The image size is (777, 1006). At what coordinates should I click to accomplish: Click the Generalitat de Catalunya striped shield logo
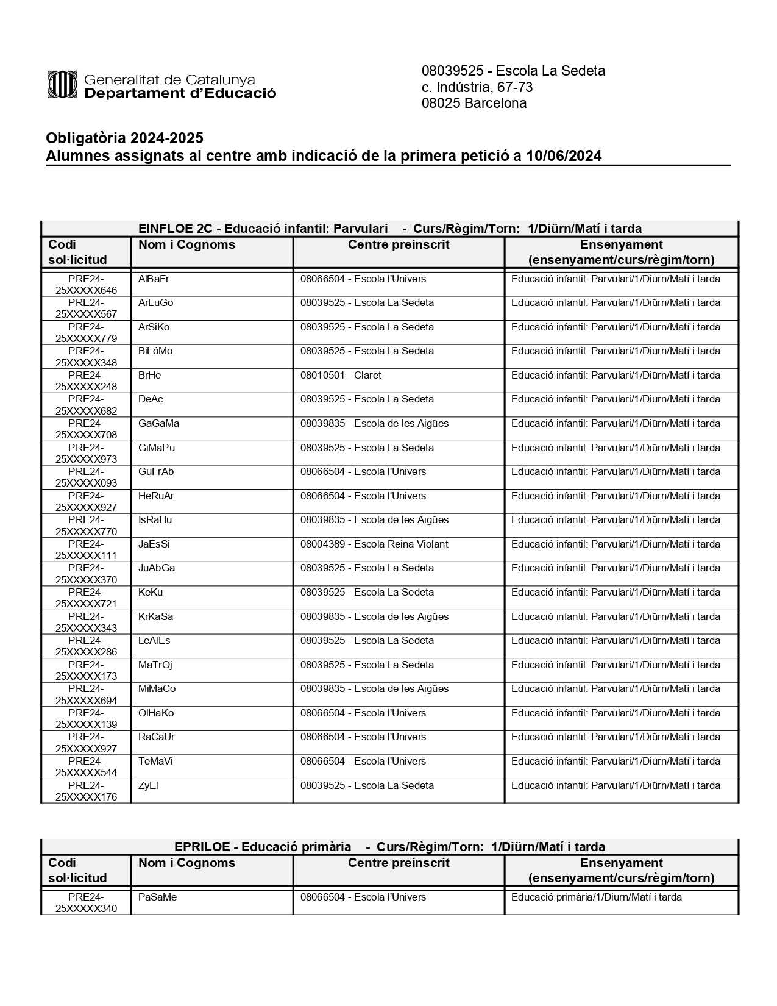pyautogui.click(x=63, y=84)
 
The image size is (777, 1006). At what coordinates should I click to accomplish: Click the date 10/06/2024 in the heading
pyautogui.click(x=564, y=156)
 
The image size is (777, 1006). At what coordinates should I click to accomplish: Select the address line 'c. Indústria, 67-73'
pyautogui.click(x=477, y=87)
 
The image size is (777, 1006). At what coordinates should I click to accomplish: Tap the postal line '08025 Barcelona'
pyautogui.click(x=474, y=103)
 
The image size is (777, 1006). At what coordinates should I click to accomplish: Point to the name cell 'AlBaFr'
pyautogui.click(x=154, y=279)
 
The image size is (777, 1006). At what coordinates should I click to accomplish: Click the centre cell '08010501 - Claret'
pyautogui.click(x=341, y=376)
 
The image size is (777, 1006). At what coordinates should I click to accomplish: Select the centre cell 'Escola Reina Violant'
pyautogui.click(x=374, y=544)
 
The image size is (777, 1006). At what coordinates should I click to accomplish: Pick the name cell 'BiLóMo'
pyautogui.click(x=155, y=351)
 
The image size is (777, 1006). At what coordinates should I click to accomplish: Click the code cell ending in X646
pyautogui.click(x=86, y=285)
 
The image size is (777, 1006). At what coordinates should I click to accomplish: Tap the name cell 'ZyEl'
pyautogui.click(x=148, y=786)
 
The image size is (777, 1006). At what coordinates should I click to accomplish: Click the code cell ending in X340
pyautogui.click(x=86, y=903)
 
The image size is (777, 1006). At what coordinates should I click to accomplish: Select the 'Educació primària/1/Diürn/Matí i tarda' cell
pyautogui.click(x=596, y=897)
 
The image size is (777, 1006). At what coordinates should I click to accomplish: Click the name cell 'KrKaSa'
pyautogui.click(x=155, y=617)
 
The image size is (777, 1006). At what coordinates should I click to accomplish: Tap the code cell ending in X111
pyautogui.click(x=86, y=550)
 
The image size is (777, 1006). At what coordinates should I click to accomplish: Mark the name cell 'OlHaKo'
pyautogui.click(x=156, y=713)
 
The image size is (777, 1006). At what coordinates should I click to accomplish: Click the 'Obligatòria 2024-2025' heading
pyautogui.click(x=124, y=138)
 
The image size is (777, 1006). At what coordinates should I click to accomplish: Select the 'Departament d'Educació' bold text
pyautogui.click(x=180, y=93)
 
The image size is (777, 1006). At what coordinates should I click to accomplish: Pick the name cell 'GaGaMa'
pyautogui.click(x=158, y=424)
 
